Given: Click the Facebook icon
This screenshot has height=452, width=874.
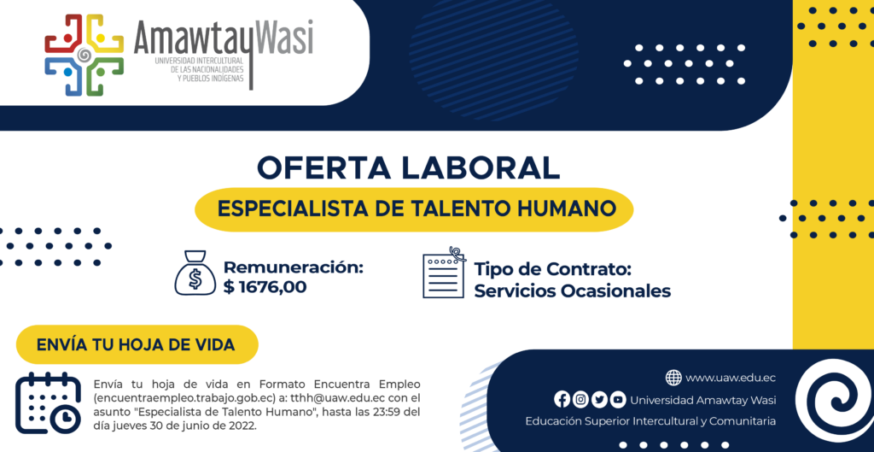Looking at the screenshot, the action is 562,400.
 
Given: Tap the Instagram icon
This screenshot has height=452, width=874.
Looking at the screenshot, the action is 580,400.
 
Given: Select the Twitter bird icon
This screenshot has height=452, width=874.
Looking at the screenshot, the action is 599,400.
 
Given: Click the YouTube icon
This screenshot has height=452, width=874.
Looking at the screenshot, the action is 618,400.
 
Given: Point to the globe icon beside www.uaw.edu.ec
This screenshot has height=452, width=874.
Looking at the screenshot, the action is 673,378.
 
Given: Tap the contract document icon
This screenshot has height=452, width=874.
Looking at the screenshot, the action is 444,273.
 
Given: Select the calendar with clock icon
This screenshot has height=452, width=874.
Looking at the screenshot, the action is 49,403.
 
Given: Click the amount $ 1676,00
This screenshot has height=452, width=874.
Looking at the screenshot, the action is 265,287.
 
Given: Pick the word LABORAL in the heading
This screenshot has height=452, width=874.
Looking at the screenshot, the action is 481,168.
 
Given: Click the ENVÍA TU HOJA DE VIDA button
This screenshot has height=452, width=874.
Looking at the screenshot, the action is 137,344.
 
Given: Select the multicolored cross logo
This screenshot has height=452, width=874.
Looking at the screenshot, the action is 84,55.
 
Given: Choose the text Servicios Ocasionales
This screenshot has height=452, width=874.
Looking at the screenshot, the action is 573,291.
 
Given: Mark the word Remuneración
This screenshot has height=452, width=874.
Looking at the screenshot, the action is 294,267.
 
